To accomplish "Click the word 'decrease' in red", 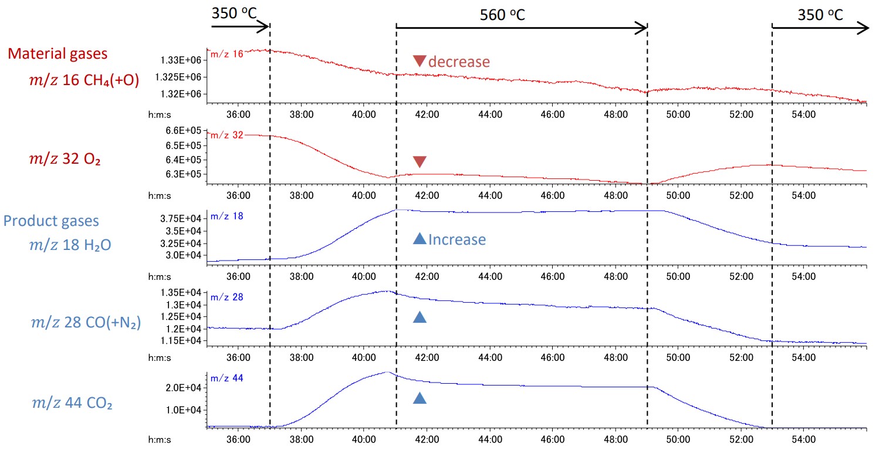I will pos(459,61).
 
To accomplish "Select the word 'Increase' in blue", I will pos(456,239).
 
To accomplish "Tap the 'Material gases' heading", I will pos(58,54).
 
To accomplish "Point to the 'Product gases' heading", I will pos(51,221).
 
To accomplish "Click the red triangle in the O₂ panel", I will pos(420,161).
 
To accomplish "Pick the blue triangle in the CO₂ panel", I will pos(420,398).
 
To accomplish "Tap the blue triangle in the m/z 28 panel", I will pos(420,317).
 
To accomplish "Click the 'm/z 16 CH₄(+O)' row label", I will pos(84,80).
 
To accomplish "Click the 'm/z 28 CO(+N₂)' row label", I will pos(85,322).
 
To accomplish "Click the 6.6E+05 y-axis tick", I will pos(185,130).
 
